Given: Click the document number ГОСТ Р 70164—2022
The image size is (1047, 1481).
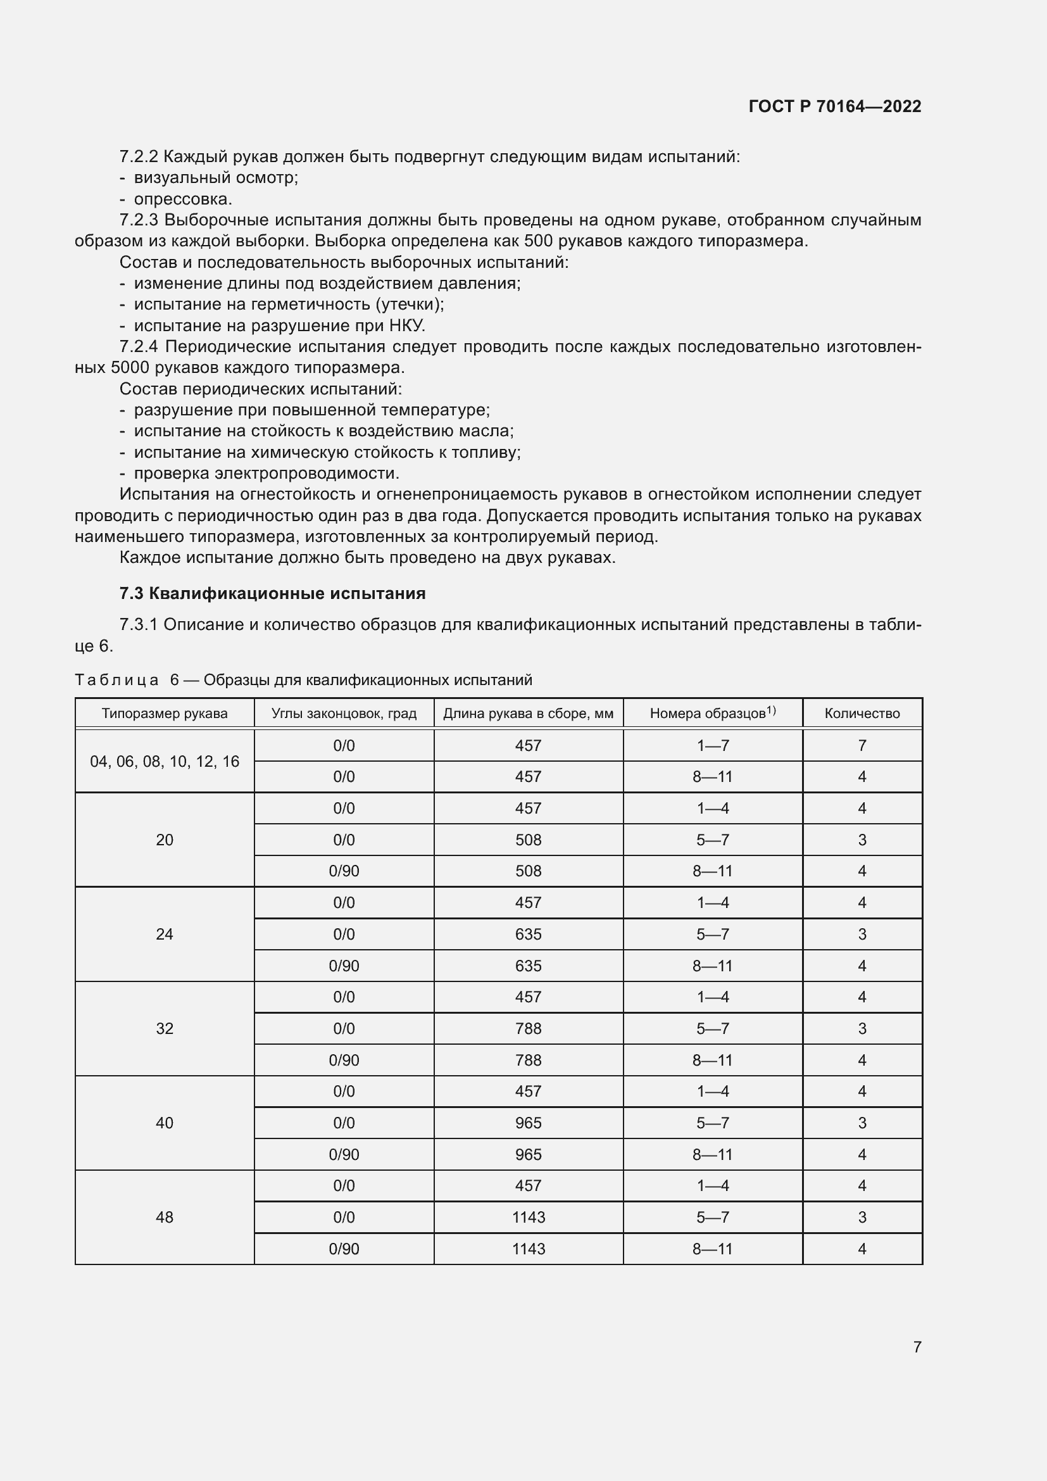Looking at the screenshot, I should tap(834, 106).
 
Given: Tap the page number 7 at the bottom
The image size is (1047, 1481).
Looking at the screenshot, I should tap(917, 1347).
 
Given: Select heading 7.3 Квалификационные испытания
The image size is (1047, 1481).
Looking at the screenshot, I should tap(272, 593).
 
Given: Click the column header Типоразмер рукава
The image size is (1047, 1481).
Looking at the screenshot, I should tap(165, 714).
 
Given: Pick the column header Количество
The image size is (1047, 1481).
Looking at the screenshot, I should tap(862, 714).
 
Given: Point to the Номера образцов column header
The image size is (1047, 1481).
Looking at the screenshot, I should tap(712, 714).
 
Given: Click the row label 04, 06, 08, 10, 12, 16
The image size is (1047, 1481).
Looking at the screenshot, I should tap(165, 761).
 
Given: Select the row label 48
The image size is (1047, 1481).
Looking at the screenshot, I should tap(165, 1217).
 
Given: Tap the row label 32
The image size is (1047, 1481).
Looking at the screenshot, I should tap(165, 1028).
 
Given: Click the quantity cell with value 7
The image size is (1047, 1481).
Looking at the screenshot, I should tap(862, 746).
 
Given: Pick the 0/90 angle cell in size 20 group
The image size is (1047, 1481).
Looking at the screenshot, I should tap(344, 871).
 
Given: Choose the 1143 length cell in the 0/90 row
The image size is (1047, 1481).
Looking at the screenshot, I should tap(528, 1249).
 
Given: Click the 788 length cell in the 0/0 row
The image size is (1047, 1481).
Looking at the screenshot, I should tap(528, 1028).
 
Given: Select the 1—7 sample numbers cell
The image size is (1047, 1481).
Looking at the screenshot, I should tap(712, 746).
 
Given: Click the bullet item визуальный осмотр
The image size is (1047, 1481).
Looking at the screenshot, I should tap(215, 177).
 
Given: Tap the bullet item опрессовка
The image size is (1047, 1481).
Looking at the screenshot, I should tap(182, 199).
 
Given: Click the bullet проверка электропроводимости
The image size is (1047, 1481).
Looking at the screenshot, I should tap(266, 473).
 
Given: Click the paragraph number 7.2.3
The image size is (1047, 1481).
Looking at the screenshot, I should tap(138, 220).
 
